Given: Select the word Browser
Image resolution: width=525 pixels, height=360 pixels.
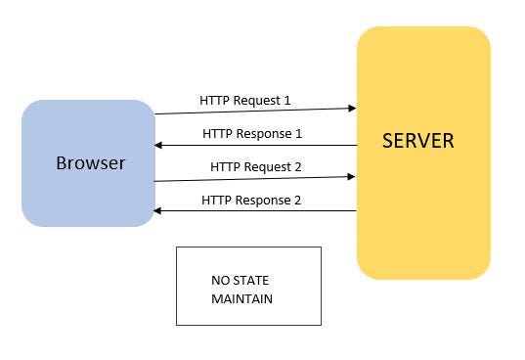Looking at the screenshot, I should coord(90,162).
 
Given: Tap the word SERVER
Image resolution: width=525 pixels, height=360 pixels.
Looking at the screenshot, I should coord(417,141).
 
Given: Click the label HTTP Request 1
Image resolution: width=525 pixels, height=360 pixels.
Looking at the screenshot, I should coord(244,100).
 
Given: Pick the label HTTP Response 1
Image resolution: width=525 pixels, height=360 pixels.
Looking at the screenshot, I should coord(252,133).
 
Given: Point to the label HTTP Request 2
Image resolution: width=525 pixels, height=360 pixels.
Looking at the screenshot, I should coord(255,167).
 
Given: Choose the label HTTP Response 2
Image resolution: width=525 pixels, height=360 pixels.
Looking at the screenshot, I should coord(251,200).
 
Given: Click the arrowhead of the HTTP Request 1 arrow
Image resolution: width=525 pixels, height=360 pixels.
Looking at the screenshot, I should coord(352,109).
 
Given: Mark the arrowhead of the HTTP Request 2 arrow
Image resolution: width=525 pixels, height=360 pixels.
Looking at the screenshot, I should coord(352,176).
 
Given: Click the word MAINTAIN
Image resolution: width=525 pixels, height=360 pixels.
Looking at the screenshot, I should coord(241,298).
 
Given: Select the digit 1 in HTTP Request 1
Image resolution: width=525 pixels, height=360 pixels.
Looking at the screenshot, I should coord(287,100).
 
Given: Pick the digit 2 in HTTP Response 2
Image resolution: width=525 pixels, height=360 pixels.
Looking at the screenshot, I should coord(297,200).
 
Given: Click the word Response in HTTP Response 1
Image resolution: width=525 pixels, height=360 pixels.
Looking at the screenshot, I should coord(263,133).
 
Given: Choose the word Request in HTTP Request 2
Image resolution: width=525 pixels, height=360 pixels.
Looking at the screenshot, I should coord(267,167).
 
